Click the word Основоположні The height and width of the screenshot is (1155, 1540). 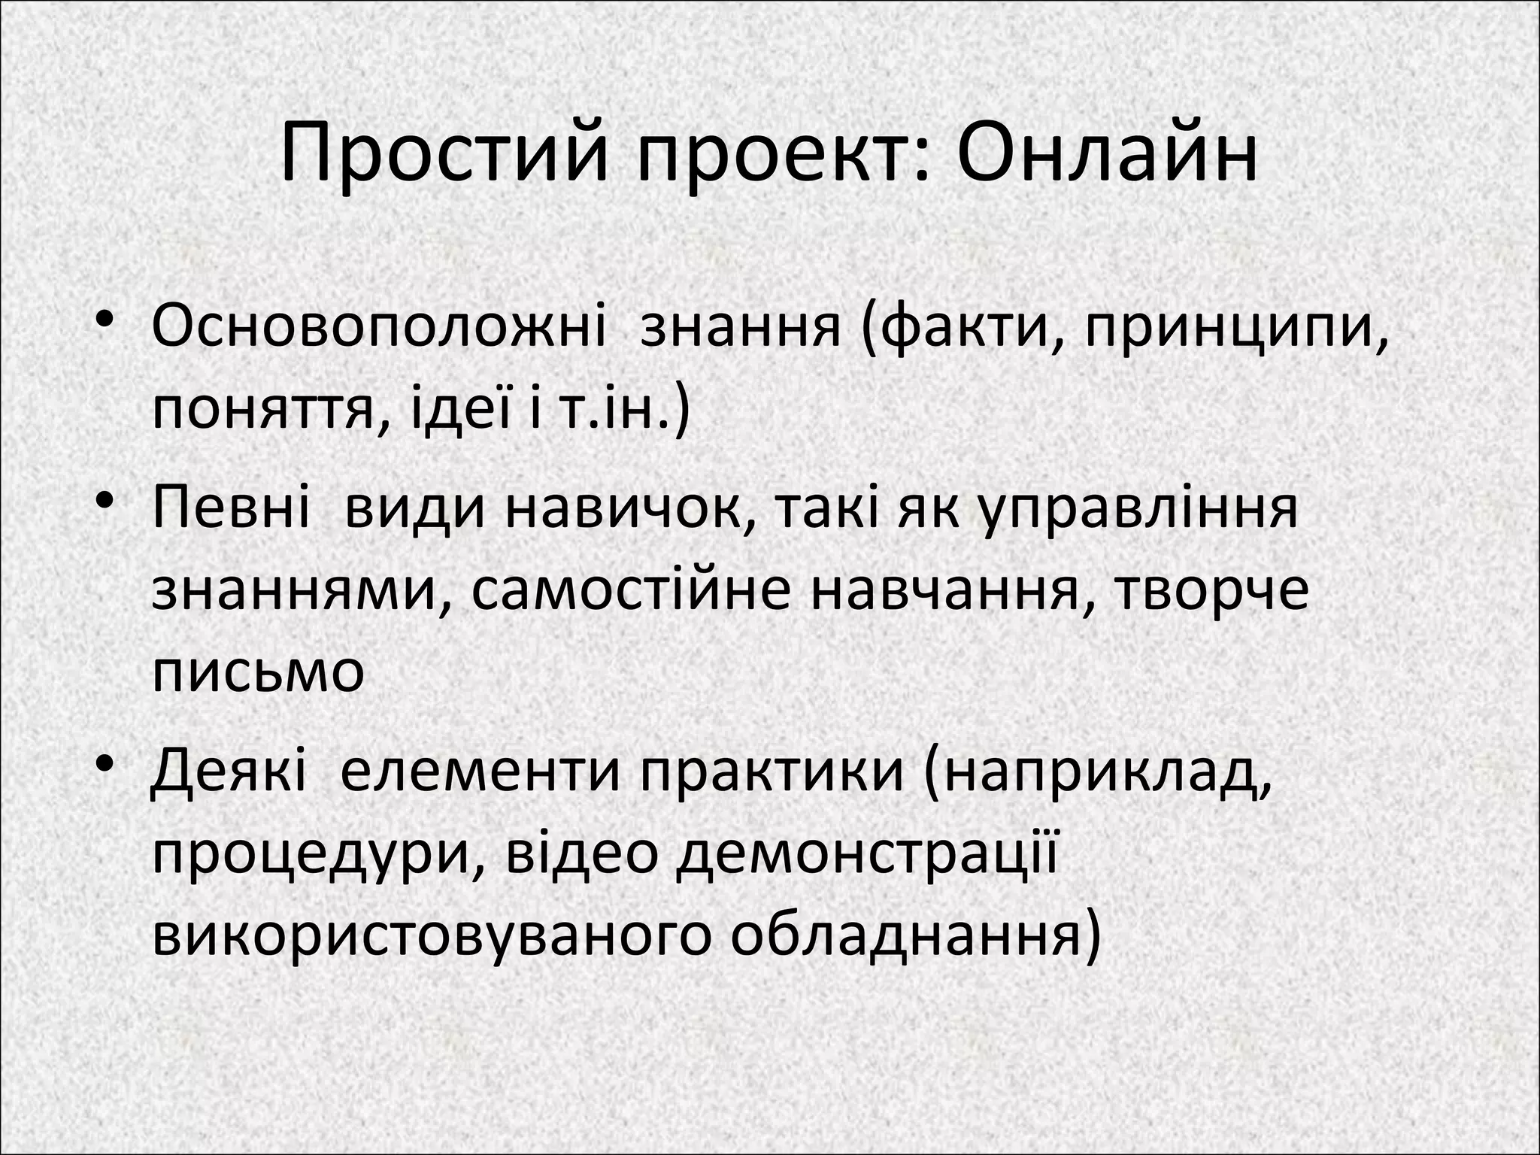coord(378,328)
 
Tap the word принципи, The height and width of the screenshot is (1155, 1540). coord(1237,328)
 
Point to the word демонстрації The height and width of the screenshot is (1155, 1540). coord(865,856)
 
